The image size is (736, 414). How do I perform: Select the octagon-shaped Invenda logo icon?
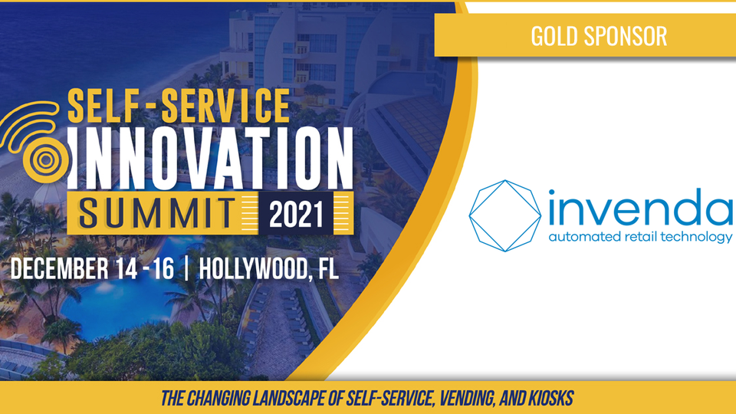coord(505,216)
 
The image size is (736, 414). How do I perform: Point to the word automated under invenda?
coord(585,236)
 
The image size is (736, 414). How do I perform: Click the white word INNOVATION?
coord(210,158)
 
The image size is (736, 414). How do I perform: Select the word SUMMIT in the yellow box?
coord(157,214)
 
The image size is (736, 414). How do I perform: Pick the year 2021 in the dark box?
coord(296,215)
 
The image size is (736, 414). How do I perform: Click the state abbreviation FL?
coord(328,269)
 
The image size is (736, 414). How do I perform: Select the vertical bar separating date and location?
coord(187,269)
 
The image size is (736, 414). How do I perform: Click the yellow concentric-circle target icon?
coord(46,160)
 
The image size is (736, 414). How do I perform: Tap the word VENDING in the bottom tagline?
coord(467,399)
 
